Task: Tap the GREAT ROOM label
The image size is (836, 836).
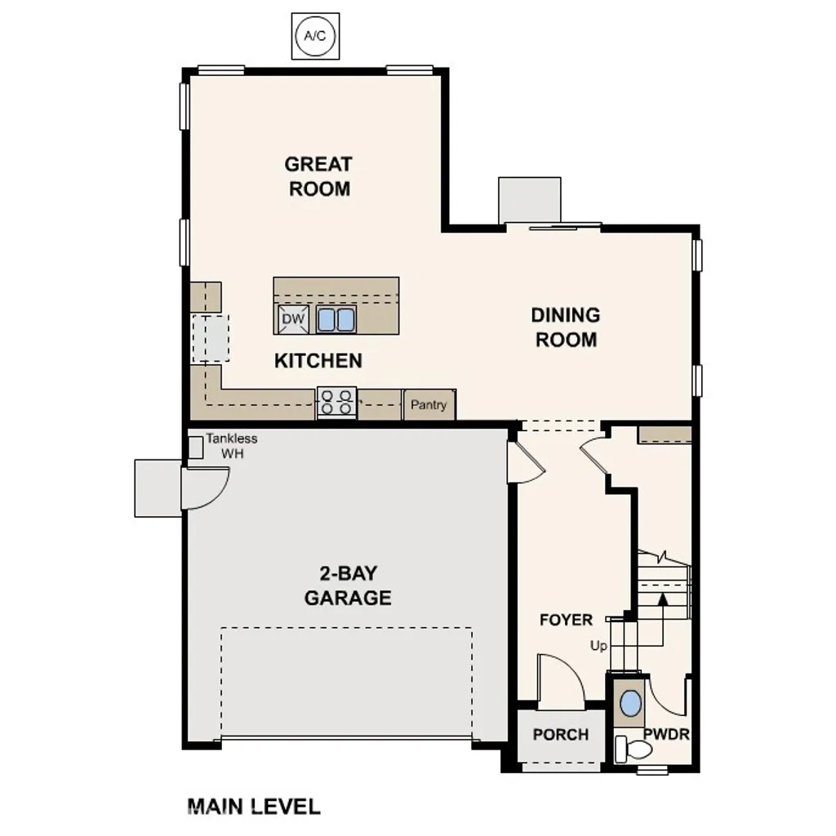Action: pos(318,176)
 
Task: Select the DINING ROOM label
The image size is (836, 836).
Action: pos(566,327)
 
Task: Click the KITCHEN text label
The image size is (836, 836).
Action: pos(318,360)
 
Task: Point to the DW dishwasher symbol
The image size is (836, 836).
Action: pos(294,318)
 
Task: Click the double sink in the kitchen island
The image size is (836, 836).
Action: pos(336,319)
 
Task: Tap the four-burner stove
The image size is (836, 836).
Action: pos(336,402)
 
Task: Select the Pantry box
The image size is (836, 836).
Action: pos(429,404)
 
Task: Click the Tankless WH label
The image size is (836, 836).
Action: pos(230,446)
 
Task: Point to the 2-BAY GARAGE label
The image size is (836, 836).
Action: pos(348,585)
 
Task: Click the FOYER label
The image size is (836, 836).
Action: pos(566,620)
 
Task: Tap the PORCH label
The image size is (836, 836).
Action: pos(561,735)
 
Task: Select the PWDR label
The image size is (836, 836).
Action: pos(666,734)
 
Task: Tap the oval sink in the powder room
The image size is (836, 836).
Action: pos(630,703)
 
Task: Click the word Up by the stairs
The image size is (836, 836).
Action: pos(599,646)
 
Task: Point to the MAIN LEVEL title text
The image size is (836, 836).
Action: pos(254,807)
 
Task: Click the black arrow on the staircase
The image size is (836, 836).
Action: pos(663,599)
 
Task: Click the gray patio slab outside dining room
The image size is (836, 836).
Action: pos(530,199)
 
